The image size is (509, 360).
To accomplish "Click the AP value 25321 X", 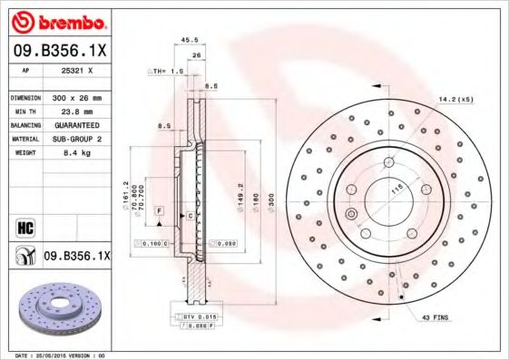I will [75, 70].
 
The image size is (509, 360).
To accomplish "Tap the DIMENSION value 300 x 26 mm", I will [75, 97].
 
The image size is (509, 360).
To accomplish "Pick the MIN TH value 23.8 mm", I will [74, 111].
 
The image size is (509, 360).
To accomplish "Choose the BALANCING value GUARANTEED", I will [75, 124].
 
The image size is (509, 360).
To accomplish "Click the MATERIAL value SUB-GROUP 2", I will [75, 139].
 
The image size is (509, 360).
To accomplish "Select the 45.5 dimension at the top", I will [189, 40].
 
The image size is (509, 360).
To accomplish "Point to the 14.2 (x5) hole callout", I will [455, 98].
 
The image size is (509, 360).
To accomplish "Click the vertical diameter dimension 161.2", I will [125, 194].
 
